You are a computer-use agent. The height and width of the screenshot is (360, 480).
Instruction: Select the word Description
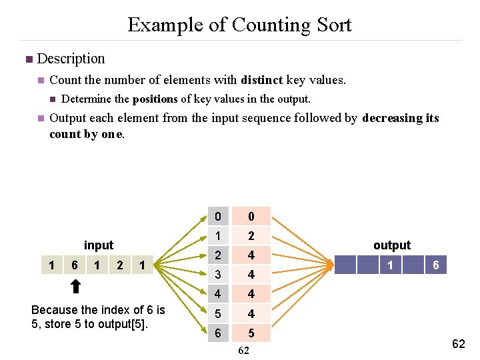(x=71, y=59)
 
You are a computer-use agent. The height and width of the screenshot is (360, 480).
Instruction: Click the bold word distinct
(x=262, y=80)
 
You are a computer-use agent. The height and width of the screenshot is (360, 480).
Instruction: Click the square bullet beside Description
(x=28, y=59)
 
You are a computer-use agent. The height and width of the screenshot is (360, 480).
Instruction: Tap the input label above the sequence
(x=99, y=245)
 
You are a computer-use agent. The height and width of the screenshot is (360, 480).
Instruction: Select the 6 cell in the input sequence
(x=74, y=265)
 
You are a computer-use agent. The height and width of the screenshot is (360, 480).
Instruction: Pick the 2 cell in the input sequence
(x=119, y=265)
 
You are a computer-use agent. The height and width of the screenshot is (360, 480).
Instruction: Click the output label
(x=392, y=245)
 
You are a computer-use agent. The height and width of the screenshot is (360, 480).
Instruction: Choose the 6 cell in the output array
(x=435, y=265)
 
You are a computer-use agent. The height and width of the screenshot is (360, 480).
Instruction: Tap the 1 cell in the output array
(x=390, y=265)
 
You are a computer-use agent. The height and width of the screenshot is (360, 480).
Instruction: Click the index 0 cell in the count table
(x=217, y=217)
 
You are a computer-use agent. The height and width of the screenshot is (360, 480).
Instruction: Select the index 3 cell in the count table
(x=217, y=275)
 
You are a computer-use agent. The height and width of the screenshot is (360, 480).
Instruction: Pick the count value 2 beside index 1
(x=251, y=236)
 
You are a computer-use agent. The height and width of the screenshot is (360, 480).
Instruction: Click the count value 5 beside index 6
(x=251, y=333)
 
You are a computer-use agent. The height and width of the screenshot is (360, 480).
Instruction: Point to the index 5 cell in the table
(x=217, y=313)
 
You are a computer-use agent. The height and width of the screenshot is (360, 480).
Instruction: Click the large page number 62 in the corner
(x=459, y=344)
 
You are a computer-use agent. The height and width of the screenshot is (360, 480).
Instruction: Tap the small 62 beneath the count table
(x=243, y=351)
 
